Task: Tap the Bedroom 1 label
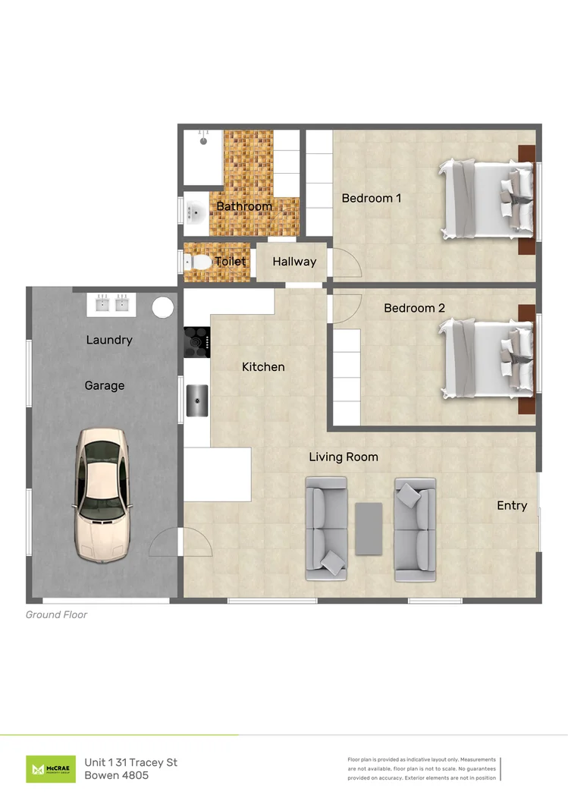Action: pyautogui.click(x=371, y=198)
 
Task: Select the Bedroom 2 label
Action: pyautogui.click(x=414, y=308)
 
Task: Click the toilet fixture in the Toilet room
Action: pyautogui.click(x=199, y=262)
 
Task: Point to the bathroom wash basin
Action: pyautogui.click(x=194, y=212)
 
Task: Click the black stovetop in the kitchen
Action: pyautogui.click(x=197, y=342)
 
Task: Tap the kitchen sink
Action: pyautogui.click(x=197, y=400)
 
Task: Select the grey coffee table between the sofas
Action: pyautogui.click(x=369, y=528)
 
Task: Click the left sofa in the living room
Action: pyautogui.click(x=325, y=528)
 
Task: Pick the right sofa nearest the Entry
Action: pyautogui.click(x=415, y=528)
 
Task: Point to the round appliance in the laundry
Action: pyautogui.click(x=163, y=306)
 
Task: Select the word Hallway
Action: pyautogui.click(x=294, y=262)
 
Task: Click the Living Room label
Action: pyautogui.click(x=343, y=457)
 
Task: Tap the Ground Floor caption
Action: pyautogui.click(x=56, y=614)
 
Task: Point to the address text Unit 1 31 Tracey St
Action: pyautogui.click(x=130, y=762)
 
